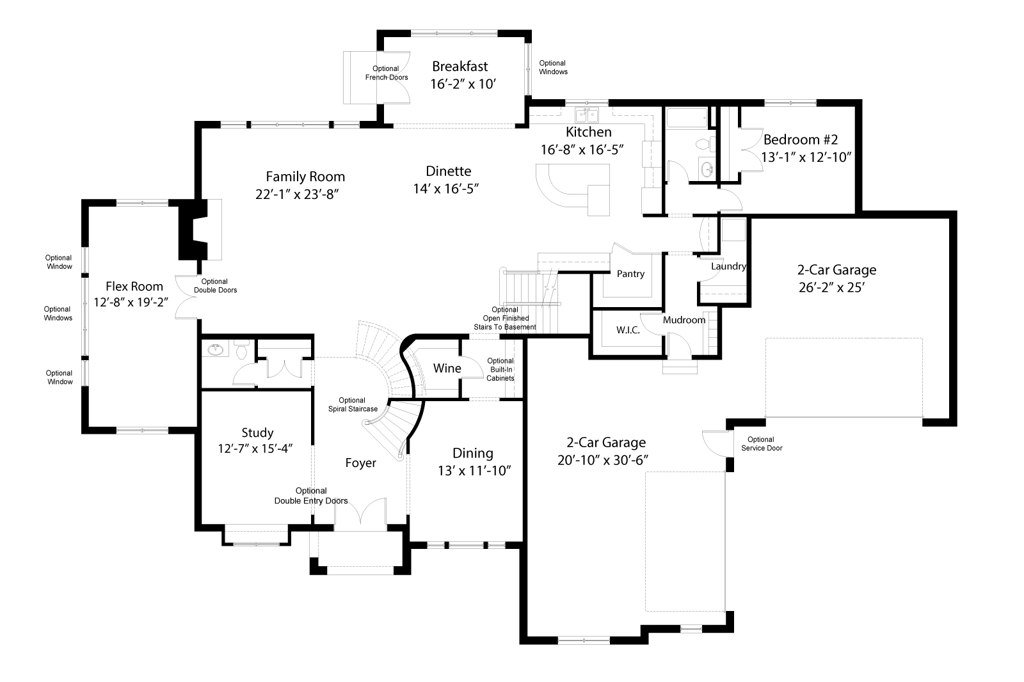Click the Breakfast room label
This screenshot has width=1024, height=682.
tap(460, 67)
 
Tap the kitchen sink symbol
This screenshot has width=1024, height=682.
tap(587, 116)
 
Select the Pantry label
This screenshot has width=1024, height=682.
tap(630, 274)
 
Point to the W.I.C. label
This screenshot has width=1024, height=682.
tap(628, 330)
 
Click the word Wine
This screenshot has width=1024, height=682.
tap(447, 369)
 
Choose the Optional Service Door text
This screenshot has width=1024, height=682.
tap(762, 443)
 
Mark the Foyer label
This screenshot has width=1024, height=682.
tap(360, 463)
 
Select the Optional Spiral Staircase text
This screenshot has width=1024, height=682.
tap(353, 405)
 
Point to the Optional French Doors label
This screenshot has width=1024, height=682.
tap(387, 73)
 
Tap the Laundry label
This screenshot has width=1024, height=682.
tap(728, 266)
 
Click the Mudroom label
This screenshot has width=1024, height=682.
tap(684, 320)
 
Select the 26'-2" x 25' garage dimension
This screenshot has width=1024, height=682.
tap(832, 288)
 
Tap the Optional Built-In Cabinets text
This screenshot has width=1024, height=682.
tap(500, 369)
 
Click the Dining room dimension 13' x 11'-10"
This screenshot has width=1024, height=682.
tap(474, 471)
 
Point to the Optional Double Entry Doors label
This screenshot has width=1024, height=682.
tap(311, 496)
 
